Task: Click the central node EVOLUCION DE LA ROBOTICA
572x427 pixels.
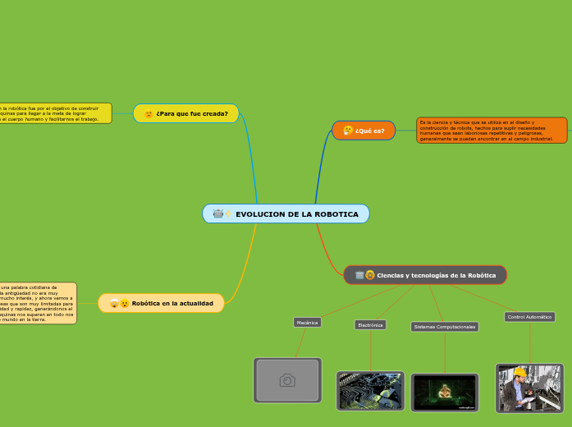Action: click(286, 213)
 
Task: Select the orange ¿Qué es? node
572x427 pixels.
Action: click(364, 131)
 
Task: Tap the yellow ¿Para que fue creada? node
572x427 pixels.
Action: click(186, 113)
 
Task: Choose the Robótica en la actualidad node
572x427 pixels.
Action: click(161, 303)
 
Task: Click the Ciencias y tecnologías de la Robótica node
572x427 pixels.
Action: click(425, 275)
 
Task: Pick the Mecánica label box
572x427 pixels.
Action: click(307, 323)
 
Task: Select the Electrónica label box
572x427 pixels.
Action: click(370, 325)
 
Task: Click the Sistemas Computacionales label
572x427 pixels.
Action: click(445, 327)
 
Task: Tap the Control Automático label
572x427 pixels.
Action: click(529, 317)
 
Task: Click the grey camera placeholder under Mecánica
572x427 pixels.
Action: click(287, 380)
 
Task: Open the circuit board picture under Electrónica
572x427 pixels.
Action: click(370, 391)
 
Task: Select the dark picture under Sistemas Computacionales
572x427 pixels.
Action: click(445, 393)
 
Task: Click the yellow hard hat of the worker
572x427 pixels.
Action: click(519, 372)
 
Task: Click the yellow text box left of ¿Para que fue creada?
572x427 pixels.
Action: click(55, 113)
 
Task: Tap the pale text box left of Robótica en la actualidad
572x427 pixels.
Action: click(38, 303)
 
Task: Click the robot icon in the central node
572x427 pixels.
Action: click(217, 214)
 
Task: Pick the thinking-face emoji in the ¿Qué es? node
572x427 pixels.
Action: click(348, 131)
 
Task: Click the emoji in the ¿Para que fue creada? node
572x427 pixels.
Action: click(149, 114)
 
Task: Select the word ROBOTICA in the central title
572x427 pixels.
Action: click(336, 214)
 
